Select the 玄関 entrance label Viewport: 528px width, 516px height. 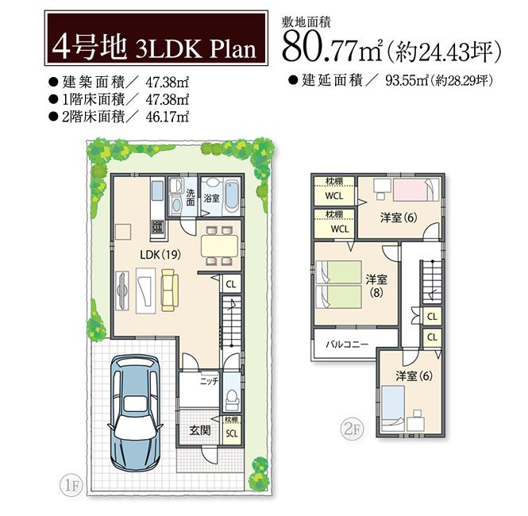(x=199, y=430)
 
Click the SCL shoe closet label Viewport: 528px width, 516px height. (x=230, y=433)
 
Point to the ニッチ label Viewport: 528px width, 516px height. (x=209, y=381)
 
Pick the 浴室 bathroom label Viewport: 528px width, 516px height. (x=212, y=198)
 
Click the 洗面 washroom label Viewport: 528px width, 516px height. (x=191, y=198)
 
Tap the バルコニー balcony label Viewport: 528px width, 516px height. (x=348, y=345)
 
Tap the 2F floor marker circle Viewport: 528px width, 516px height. (x=352, y=429)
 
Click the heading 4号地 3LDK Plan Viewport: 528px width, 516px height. (x=154, y=48)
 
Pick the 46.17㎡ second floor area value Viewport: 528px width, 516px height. (x=167, y=117)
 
